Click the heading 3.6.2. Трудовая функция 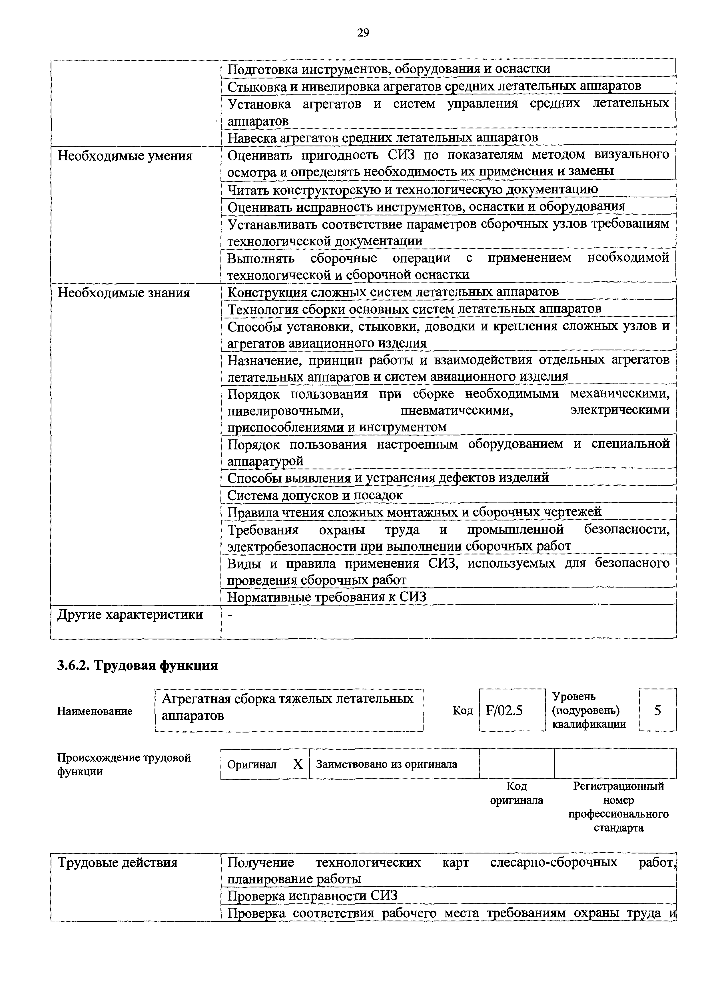[x=137, y=665]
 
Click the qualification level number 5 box [x=657, y=711]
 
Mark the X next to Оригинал [x=298, y=764]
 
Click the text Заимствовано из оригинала [x=386, y=764]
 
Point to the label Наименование [x=95, y=711]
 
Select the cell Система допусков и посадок [x=315, y=495]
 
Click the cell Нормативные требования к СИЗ [x=327, y=597]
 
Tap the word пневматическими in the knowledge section [x=456, y=411]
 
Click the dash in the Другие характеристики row [x=230, y=614]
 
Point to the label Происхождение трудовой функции [x=124, y=764]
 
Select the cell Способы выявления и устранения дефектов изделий [x=388, y=478]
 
